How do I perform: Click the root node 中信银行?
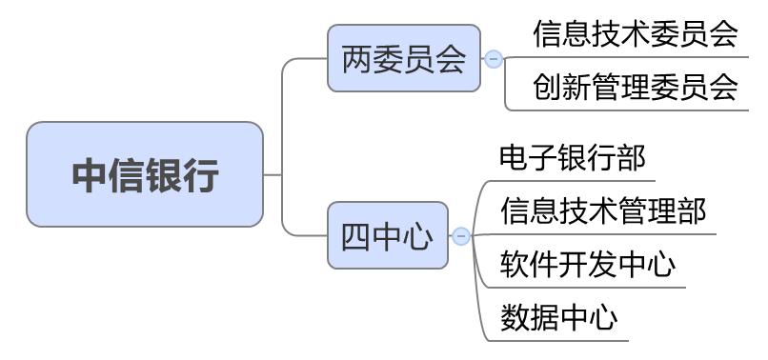(x=145, y=174)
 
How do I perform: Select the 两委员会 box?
(x=404, y=59)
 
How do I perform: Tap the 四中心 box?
(x=387, y=235)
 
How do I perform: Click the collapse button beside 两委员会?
(x=494, y=59)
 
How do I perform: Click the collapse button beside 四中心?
(x=461, y=235)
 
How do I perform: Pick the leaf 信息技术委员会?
(x=635, y=34)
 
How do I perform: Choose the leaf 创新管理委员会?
(x=635, y=88)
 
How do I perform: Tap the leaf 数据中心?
(x=559, y=315)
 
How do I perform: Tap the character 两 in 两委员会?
(x=356, y=60)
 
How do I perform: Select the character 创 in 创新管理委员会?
(x=547, y=88)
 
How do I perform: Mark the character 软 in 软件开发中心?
(x=513, y=262)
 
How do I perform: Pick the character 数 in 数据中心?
(x=513, y=315)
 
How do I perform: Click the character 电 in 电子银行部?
(x=513, y=157)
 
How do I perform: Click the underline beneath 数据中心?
(x=562, y=338)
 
